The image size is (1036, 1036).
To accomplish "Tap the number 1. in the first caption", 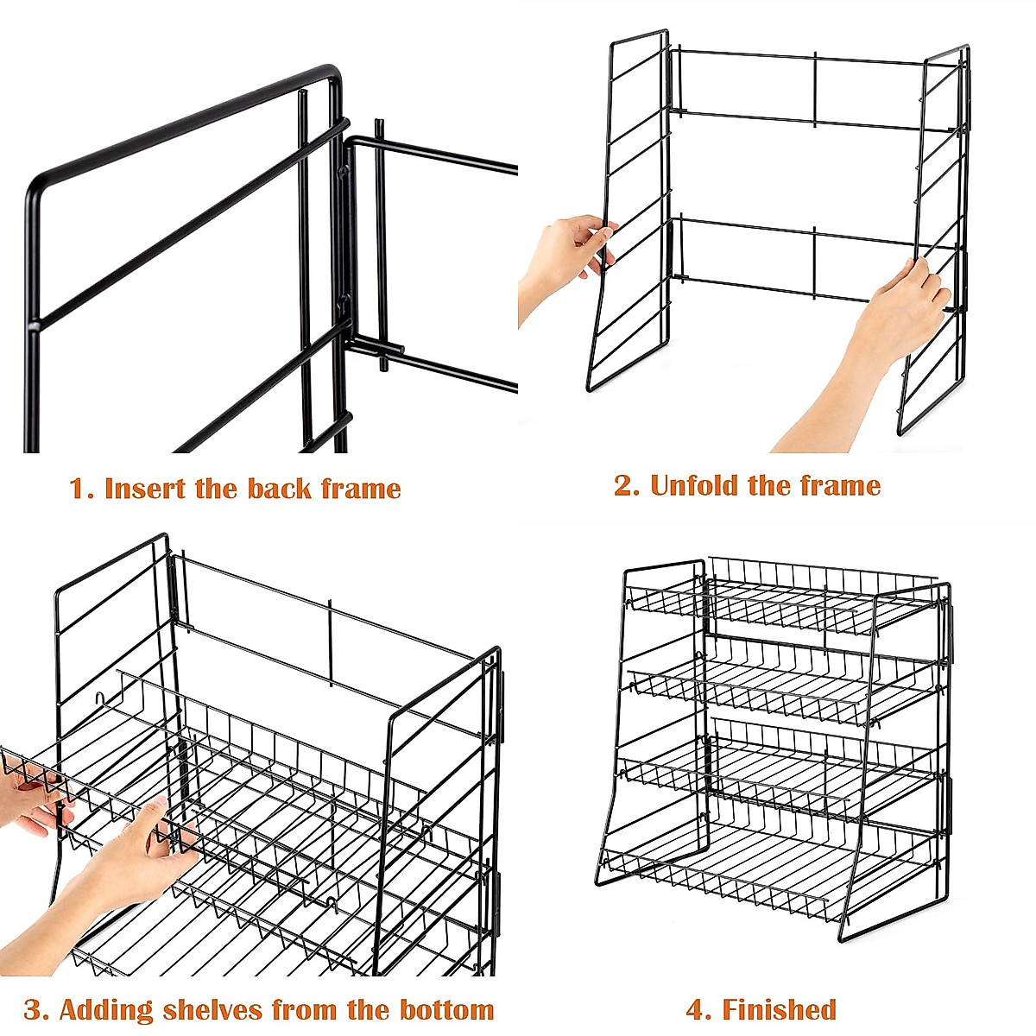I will click(81, 490).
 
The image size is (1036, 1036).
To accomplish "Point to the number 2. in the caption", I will click(627, 485).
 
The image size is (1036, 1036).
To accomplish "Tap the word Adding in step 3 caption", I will click(106, 1009).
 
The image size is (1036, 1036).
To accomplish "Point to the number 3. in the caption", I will click(35, 1009).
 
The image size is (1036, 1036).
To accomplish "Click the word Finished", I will click(780, 1009).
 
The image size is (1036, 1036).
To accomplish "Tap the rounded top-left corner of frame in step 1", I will click(39, 181).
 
